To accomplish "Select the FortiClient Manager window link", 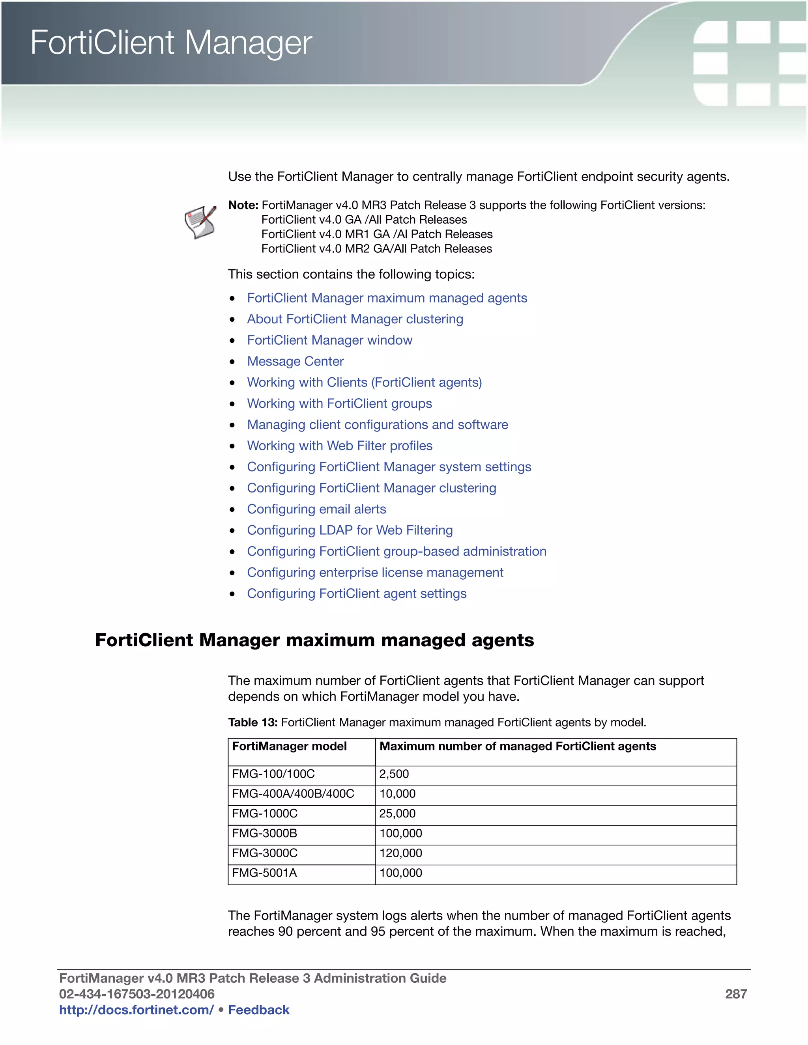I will click(x=329, y=340).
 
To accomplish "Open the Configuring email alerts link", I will click(x=316, y=509).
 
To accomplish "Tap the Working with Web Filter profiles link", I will click(x=339, y=446).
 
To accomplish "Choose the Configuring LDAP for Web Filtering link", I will click(x=350, y=530).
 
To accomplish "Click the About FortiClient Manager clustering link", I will click(x=355, y=319).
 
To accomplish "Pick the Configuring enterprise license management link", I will click(x=375, y=572).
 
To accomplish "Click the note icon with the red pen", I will click(x=200, y=222).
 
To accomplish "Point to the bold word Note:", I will click(x=243, y=205).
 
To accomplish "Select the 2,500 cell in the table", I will click(x=394, y=774).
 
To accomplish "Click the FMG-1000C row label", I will click(x=264, y=814).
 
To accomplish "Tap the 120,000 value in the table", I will click(x=401, y=853).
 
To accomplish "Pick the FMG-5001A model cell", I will click(x=264, y=873).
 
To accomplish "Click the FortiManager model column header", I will click(x=289, y=746).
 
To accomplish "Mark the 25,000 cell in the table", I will click(x=397, y=814).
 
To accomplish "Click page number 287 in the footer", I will click(x=736, y=994).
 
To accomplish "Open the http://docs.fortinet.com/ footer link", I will click(x=136, y=1010).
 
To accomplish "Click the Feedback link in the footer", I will click(x=258, y=1010).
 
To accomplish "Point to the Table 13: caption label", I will click(x=252, y=722).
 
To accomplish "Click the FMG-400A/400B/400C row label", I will click(x=293, y=794).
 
